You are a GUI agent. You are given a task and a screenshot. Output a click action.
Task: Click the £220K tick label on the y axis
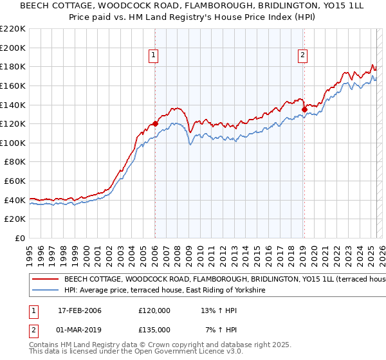(x=13, y=29)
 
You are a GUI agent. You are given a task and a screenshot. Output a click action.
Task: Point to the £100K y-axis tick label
(x=13, y=143)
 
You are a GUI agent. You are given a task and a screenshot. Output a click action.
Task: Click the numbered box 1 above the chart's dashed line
(x=154, y=56)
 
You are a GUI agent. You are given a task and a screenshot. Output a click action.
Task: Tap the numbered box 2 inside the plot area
(x=302, y=56)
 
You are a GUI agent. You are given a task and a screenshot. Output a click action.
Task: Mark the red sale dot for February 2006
(x=155, y=123)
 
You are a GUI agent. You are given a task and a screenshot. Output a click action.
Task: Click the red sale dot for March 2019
(x=304, y=109)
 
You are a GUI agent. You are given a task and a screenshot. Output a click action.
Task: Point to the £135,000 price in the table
(x=154, y=329)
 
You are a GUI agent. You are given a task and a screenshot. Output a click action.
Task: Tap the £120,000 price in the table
(x=154, y=310)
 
